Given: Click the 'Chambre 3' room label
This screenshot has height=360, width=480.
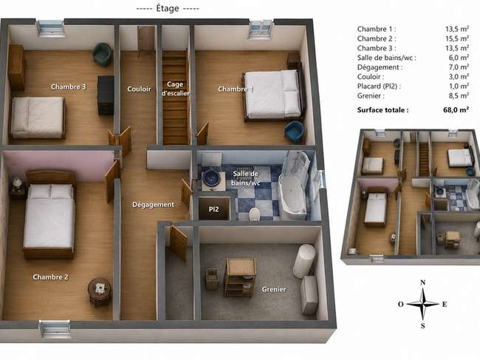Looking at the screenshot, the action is (x=68, y=86).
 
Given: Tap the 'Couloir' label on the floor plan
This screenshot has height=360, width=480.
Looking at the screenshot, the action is (x=139, y=89).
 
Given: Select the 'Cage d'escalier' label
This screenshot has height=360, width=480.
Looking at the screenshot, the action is (x=176, y=89).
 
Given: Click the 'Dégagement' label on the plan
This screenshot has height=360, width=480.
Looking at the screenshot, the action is (x=153, y=205).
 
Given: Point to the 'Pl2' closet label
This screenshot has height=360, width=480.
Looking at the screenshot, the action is (x=213, y=209).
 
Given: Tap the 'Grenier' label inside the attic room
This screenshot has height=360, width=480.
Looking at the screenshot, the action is (x=274, y=289).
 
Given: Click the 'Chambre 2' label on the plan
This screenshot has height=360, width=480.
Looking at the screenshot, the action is (x=50, y=277).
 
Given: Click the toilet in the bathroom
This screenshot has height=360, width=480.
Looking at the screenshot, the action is (x=254, y=214).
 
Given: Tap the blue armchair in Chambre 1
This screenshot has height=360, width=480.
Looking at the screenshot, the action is (x=294, y=131).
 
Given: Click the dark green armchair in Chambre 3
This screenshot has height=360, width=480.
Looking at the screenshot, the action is (x=102, y=54).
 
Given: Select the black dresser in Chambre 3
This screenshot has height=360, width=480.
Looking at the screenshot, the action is (x=106, y=95).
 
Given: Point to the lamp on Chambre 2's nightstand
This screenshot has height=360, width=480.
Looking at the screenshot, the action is (x=18, y=183).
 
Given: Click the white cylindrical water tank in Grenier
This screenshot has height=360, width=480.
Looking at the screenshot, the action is (x=304, y=261).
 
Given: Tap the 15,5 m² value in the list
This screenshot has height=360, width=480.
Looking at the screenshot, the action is (x=456, y=38).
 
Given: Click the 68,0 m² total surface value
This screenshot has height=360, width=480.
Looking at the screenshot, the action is (x=456, y=109).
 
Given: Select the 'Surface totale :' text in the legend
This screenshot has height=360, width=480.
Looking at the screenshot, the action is (x=383, y=110).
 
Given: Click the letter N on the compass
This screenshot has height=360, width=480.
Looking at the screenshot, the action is (x=422, y=282).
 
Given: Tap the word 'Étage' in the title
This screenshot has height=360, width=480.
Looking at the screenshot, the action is (x=168, y=8).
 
